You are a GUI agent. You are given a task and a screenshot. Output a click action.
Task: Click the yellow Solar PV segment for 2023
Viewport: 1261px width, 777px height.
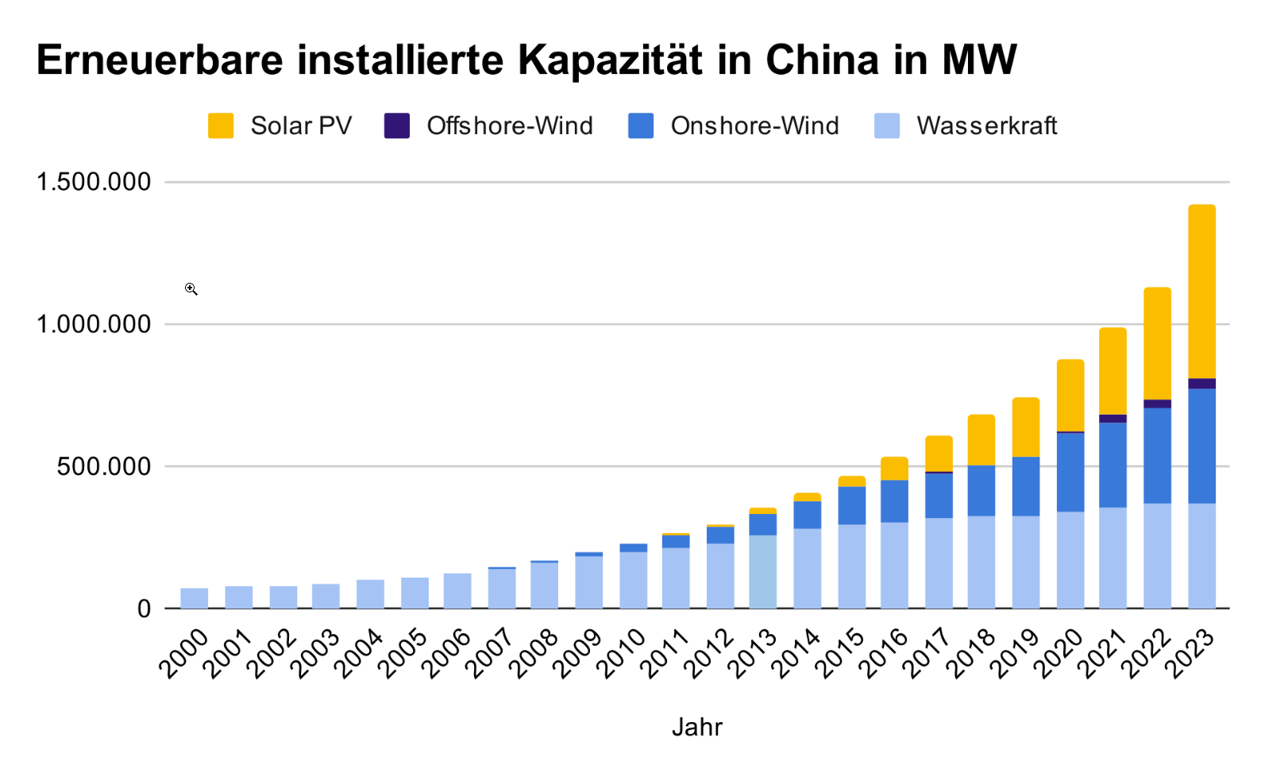tap(1201, 291)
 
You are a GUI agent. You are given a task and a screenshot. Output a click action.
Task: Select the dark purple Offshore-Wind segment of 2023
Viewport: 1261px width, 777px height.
tap(1201, 384)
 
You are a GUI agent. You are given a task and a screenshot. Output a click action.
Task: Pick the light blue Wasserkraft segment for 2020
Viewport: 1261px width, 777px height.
tap(1070, 559)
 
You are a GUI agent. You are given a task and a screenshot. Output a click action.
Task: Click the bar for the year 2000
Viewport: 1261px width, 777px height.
tap(195, 598)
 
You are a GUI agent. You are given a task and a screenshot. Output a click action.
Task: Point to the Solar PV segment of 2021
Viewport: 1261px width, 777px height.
tap(1113, 370)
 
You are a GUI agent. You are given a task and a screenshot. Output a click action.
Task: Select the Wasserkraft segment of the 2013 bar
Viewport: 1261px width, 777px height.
tap(762, 571)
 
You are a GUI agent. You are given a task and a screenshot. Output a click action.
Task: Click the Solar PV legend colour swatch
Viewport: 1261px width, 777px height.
tap(221, 126)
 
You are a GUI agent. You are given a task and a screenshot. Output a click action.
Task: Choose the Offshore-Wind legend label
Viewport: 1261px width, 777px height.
tap(509, 126)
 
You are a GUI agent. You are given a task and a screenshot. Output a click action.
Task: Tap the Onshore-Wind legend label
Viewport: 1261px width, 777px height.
tap(754, 126)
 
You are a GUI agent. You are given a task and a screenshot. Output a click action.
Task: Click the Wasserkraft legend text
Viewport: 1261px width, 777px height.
tap(986, 126)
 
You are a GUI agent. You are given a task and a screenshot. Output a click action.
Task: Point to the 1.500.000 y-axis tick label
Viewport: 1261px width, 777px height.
tap(94, 182)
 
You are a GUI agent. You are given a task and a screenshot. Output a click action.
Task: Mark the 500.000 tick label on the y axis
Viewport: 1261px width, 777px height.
tap(103, 466)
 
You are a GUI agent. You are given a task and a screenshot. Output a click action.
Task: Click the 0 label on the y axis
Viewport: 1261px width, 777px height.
tap(144, 609)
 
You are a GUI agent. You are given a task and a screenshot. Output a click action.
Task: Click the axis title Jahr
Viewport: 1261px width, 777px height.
tap(696, 727)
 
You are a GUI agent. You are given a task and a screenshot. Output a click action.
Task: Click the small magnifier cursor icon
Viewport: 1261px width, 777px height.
tap(191, 289)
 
